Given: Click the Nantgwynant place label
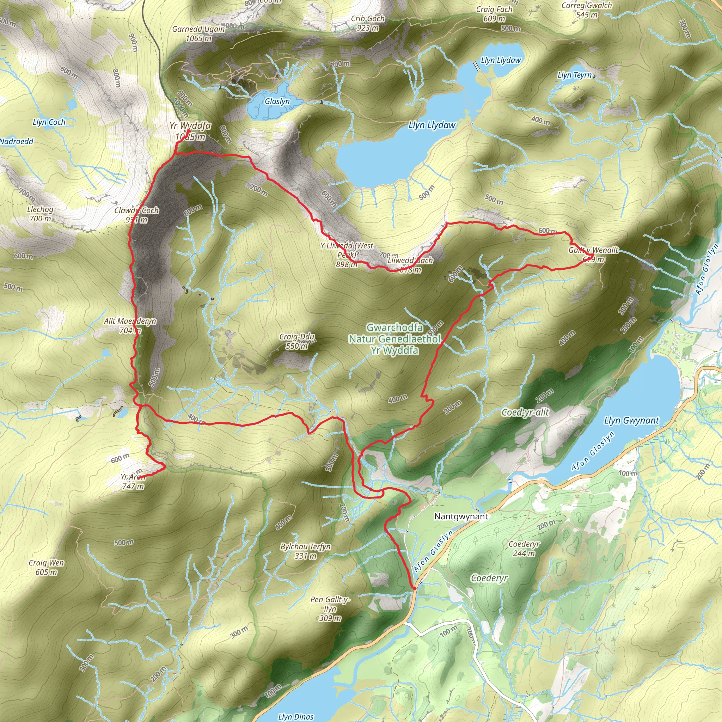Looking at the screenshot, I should coord(461,516).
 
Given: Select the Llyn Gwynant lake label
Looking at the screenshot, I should coord(631,421).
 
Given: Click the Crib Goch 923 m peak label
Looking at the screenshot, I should coord(368,23).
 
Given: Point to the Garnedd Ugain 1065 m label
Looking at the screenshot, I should coord(198,33).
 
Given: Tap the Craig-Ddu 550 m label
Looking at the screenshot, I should coord(297,341).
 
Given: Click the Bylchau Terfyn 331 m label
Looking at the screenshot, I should coord(306,551).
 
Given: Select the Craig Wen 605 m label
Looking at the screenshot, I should coord(46,567).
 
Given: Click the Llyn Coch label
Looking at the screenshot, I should coord(49,122).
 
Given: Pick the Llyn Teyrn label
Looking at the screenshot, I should coord(574,75).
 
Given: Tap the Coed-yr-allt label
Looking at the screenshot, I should coord(525,412).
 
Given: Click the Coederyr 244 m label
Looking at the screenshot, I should coord(524,549).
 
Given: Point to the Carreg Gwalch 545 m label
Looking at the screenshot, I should coord(587,10).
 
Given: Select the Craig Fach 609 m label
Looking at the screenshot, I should coord(494,14).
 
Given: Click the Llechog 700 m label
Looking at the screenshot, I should coord(40,214).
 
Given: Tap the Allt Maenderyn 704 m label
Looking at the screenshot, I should coord(130,325).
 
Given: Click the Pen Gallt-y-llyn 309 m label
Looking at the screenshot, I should coord(330,609).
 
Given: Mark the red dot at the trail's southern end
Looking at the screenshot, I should coord(415,589).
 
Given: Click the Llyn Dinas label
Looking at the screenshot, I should coord(295,716).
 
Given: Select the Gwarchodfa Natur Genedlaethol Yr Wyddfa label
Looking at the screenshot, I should coord(394,339).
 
